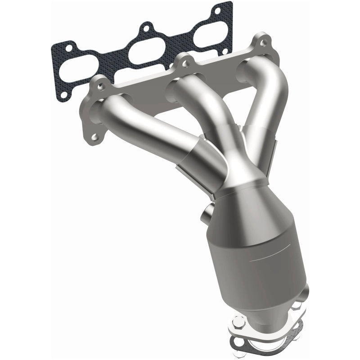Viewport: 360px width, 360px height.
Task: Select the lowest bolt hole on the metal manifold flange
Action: click(94, 136)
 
